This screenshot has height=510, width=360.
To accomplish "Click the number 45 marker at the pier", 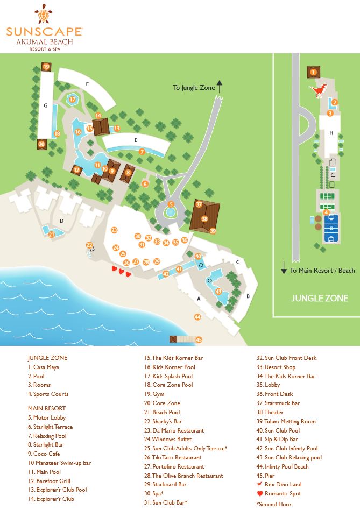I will coord(199,339).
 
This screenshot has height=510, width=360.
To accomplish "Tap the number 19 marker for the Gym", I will coord(46,67).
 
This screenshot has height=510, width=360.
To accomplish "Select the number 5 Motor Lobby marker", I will coord(171,204).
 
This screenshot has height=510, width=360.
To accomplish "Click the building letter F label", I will coord(87,84).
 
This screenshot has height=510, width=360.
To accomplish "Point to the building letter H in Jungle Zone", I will coord(331,133).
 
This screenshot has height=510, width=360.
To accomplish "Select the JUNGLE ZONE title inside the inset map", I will coord(320,298).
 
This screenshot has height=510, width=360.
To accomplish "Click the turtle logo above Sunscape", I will coord(44,13).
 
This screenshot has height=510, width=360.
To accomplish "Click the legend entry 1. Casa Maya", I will coord(43,367).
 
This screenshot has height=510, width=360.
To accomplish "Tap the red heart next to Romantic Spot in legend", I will coord(260,493).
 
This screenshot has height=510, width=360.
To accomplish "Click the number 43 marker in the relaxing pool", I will coord(218,292).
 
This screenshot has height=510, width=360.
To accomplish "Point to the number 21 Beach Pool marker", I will coord(52,234).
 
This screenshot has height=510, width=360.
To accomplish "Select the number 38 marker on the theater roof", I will coord(204,219).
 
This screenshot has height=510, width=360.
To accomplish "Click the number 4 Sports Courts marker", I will coord(326,212).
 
